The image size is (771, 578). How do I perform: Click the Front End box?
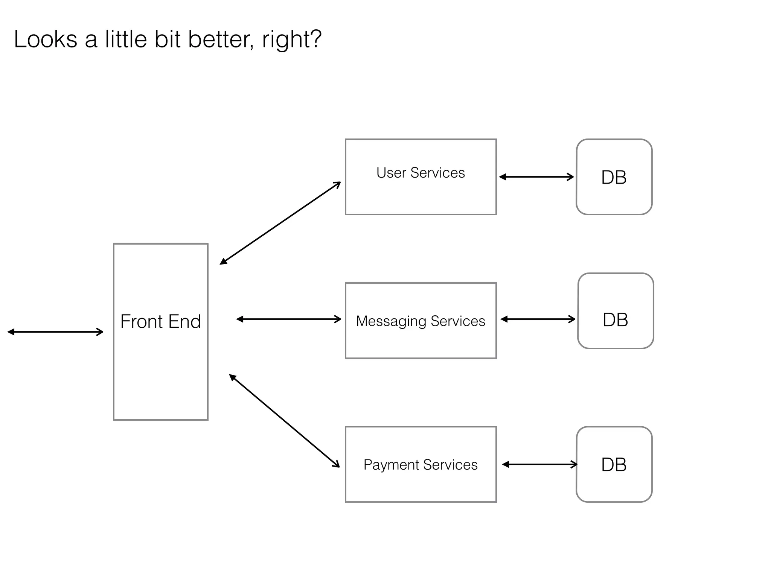(x=161, y=332)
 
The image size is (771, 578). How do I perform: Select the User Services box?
(x=421, y=177)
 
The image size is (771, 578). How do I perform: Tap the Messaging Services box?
(x=421, y=321)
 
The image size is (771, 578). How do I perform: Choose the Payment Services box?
(x=421, y=464)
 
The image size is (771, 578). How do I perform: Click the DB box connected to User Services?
(x=614, y=177)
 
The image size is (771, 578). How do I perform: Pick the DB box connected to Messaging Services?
(x=616, y=311)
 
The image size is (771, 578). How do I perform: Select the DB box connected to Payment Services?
(x=614, y=464)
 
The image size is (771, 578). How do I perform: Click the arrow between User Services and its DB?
(x=536, y=177)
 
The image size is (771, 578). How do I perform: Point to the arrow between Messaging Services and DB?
(x=538, y=319)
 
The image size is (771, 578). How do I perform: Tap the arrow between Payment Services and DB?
(x=539, y=464)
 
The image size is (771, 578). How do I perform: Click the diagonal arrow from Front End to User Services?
(x=280, y=223)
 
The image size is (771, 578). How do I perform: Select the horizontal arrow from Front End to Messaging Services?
(x=288, y=319)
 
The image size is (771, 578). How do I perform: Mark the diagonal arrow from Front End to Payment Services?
(x=284, y=421)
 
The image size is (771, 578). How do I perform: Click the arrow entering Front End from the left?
(x=55, y=332)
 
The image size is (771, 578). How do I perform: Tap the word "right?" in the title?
(x=292, y=40)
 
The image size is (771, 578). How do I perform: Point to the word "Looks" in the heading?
(x=46, y=39)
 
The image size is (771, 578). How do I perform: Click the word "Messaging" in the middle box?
(x=391, y=321)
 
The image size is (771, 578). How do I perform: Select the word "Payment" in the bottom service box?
(x=390, y=465)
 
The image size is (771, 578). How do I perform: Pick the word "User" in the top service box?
(x=391, y=173)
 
